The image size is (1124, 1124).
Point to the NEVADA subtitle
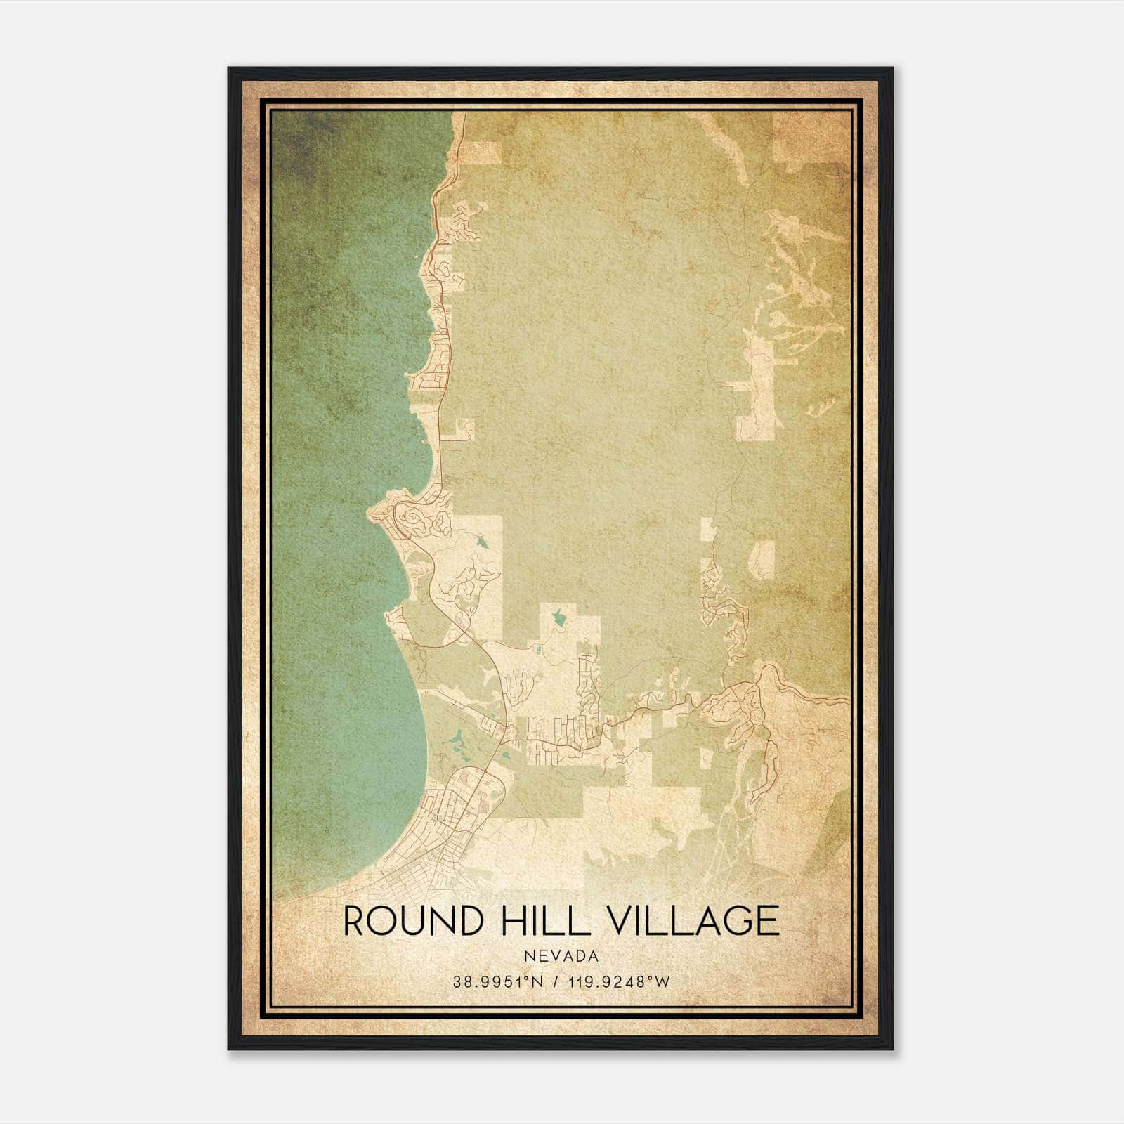(x=561, y=956)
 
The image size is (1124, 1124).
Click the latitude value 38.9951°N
(x=497, y=981)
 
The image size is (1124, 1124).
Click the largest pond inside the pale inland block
(x=559, y=618)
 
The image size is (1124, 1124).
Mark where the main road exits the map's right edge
(x=848, y=700)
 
